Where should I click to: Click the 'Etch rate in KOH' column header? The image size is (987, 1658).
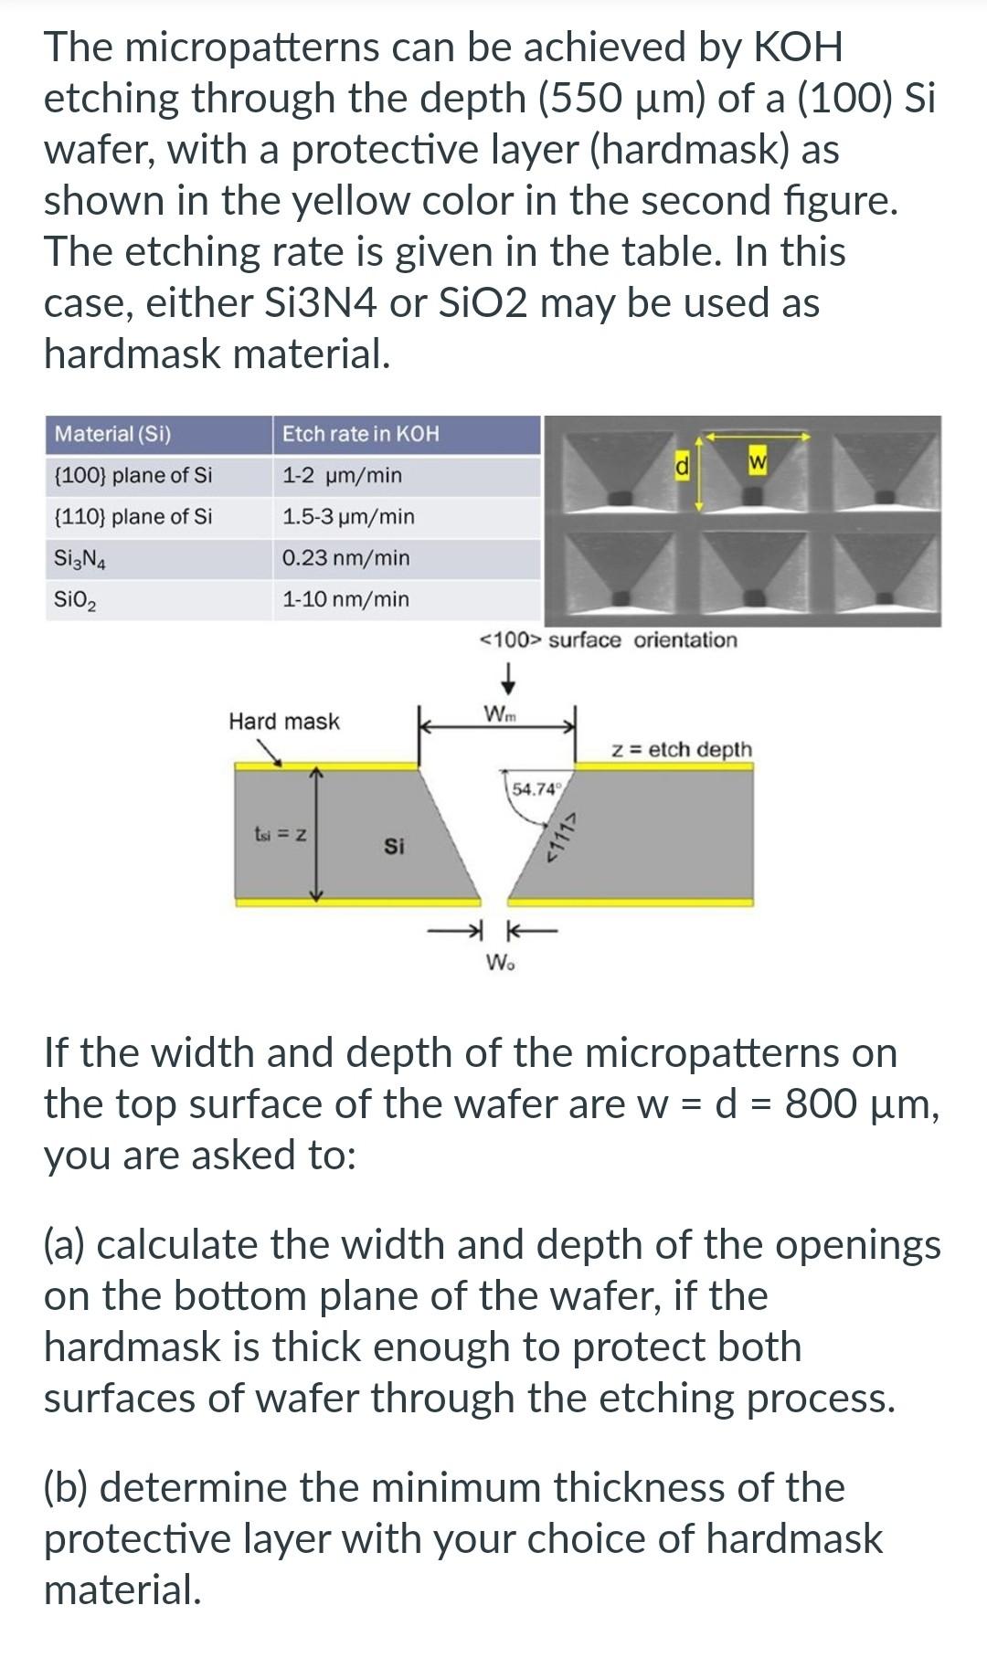point(360,434)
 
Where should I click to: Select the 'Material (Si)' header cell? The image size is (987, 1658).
point(112,434)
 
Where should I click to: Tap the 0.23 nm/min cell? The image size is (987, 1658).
point(345,558)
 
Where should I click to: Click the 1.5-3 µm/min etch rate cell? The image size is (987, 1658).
point(348,517)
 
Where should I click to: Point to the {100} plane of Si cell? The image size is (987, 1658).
point(133,475)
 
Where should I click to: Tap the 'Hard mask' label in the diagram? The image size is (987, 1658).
point(283,722)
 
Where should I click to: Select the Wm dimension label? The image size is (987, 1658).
point(499,713)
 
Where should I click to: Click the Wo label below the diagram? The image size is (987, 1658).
point(499,962)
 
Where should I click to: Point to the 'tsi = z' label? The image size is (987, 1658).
point(279,834)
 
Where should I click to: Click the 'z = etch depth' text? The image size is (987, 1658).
point(682,750)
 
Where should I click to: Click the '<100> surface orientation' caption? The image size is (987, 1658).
point(609,640)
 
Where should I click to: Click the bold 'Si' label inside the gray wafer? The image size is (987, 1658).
point(394,847)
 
